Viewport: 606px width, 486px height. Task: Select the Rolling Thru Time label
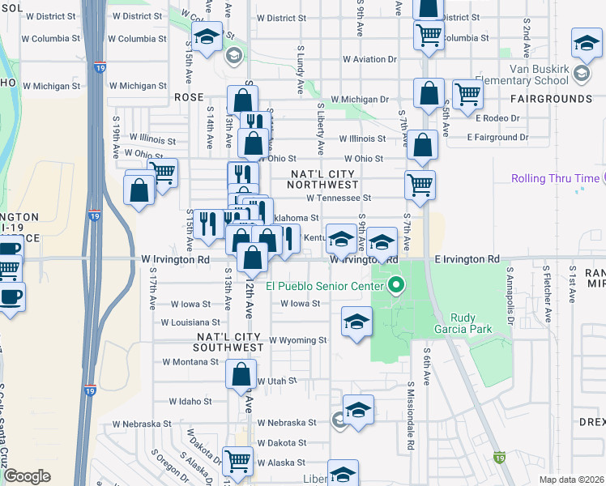pos(556,179)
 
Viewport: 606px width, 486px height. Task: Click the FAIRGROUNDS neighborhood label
pos(552,99)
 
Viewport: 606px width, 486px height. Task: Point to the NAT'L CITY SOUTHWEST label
pos(230,342)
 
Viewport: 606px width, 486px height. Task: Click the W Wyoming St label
pos(297,340)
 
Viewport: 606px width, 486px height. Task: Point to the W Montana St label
pos(191,362)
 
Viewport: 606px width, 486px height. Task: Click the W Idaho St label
pos(190,401)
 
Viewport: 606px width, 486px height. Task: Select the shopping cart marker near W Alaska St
pos(238,460)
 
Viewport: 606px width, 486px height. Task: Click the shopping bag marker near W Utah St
pos(241,375)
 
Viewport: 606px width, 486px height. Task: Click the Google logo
pos(27,476)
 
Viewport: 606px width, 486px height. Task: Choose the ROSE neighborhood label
pos(189,97)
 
